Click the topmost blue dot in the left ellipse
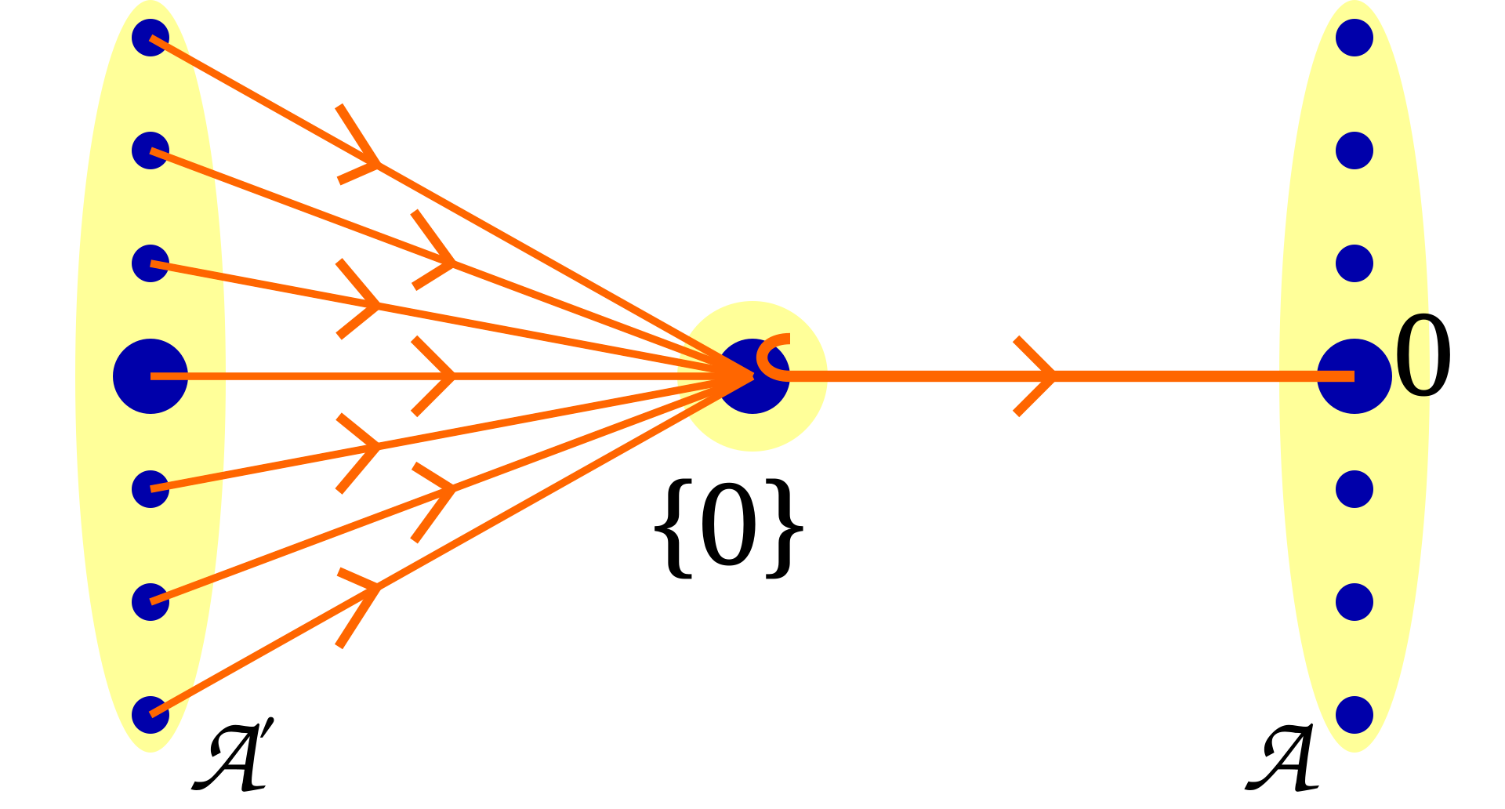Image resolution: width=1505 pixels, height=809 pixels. tap(150, 38)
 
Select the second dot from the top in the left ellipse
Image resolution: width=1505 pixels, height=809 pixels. tap(150, 151)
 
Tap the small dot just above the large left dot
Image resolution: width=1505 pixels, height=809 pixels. tap(150, 263)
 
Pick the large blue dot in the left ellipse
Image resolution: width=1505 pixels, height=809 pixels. tap(150, 376)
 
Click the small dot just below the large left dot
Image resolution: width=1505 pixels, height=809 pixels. tap(150, 489)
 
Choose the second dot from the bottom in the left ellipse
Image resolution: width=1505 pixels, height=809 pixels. tap(150, 602)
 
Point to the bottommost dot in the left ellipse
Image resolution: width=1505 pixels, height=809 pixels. tap(150, 715)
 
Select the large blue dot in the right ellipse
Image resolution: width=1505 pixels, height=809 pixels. tap(1354, 376)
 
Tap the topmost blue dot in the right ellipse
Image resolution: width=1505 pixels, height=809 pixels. tap(1354, 38)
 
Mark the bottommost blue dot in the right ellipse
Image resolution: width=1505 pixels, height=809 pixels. tap(1354, 715)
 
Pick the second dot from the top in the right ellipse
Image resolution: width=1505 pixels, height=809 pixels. tap(1354, 151)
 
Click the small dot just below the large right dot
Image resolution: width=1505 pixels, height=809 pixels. tap(1354, 489)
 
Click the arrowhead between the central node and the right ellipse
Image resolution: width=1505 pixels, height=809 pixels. tap(1043, 376)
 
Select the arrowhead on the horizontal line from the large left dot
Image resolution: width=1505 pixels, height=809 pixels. tap(443, 376)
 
